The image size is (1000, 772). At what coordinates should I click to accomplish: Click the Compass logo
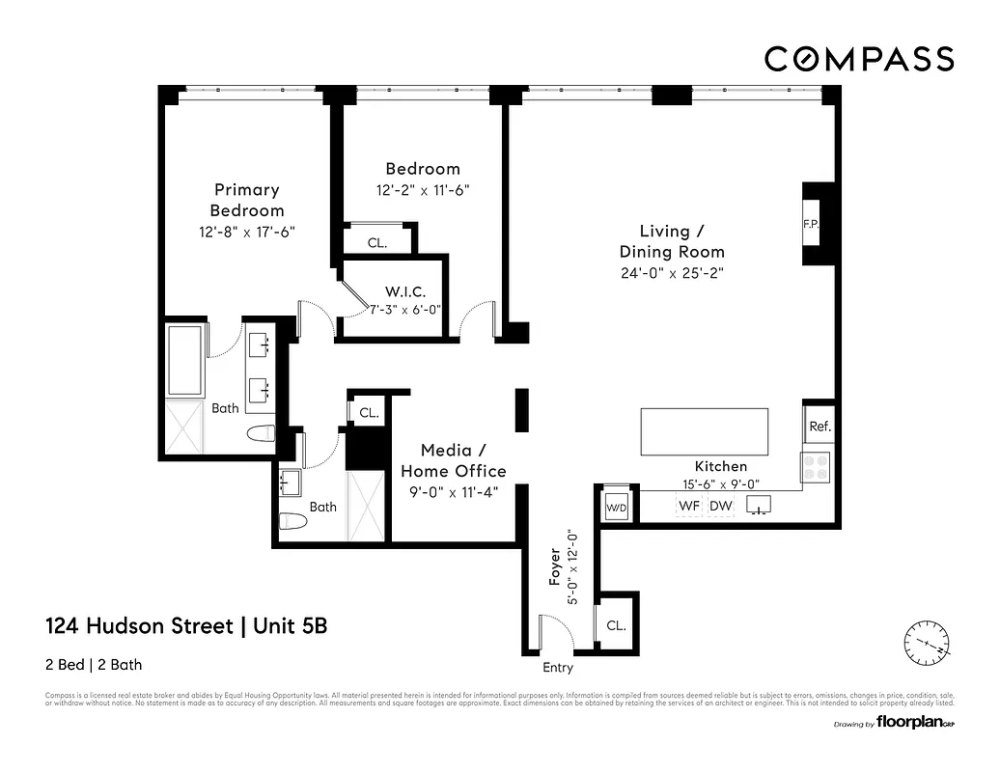click(x=859, y=59)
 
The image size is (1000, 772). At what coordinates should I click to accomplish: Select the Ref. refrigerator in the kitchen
click(x=819, y=426)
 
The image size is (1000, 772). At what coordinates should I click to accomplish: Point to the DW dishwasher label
click(x=720, y=505)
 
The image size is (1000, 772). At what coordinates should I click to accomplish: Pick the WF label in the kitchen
click(x=689, y=505)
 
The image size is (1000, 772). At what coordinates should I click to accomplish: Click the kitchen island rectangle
click(x=705, y=431)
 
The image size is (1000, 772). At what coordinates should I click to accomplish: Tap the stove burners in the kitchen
click(x=816, y=467)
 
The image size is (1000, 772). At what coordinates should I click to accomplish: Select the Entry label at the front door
click(x=558, y=668)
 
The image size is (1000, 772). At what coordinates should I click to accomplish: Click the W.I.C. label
click(x=404, y=291)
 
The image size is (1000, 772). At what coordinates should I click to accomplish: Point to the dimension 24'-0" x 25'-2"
click(x=672, y=273)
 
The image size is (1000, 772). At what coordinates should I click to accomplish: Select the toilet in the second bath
click(x=292, y=522)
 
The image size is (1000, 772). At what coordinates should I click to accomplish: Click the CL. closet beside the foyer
click(x=616, y=625)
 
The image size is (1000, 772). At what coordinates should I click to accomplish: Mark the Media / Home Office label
click(x=453, y=460)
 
